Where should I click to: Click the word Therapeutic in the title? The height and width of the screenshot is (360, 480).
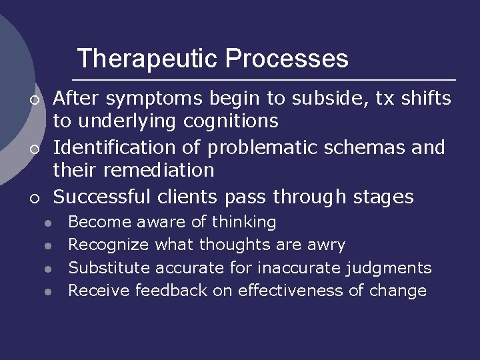point(147,59)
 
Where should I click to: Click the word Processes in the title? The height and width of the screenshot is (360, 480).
point(287,59)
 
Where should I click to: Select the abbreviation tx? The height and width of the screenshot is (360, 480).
point(385,99)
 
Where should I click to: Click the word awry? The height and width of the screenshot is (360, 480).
point(326,245)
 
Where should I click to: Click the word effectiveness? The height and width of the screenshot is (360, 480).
point(289,291)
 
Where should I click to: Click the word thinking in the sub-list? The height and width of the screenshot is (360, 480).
point(244,222)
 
